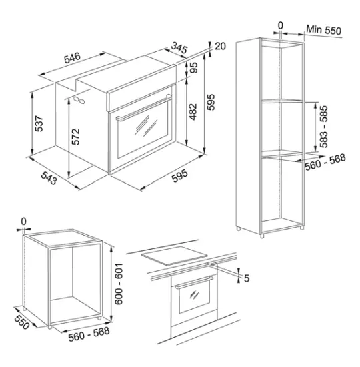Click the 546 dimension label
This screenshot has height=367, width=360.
(72, 57)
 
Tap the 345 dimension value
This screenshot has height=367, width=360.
(179, 47)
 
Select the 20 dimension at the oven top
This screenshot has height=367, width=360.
(220, 46)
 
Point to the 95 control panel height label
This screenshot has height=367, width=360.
(194, 67)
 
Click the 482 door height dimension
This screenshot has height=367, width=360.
(193, 112)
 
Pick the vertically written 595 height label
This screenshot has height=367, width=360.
(211, 102)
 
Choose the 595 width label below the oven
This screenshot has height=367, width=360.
(179, 175)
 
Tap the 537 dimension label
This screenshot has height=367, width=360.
(39, 124)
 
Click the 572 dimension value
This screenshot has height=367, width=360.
(75, 137)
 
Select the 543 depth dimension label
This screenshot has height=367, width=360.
(49, 178)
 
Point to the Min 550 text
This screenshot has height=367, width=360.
(324, 30)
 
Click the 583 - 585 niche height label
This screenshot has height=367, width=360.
(324, 127)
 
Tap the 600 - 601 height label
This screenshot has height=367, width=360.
(119, 284)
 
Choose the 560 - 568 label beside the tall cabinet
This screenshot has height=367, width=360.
(325, 161)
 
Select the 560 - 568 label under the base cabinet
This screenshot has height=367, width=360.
(89, 334)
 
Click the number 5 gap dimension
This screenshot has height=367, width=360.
(247, 278)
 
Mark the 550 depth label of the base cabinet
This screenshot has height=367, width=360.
(22, 322)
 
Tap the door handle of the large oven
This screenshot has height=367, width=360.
(143, 108)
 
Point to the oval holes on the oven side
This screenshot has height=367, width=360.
(79, 100)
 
